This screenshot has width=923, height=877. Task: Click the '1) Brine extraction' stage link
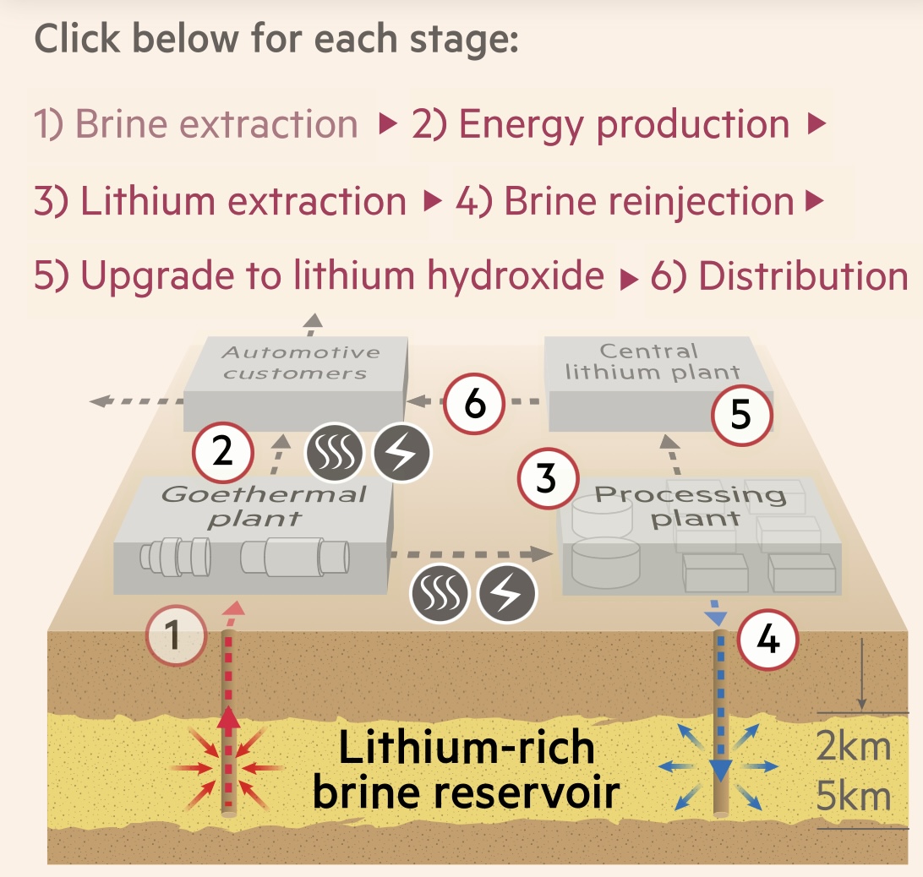(x=195, y=124)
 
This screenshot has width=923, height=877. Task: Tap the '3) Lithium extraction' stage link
(x=221, y=201)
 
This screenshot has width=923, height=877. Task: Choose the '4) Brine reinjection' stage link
(x=625, y=201)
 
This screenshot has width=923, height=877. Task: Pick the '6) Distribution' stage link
(x=778, y=277)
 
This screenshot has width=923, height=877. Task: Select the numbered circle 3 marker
(x=547, y=479)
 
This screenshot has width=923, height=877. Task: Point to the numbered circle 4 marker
(x=768, y=640)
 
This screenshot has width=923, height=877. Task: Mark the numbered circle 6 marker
(x=476, y=405)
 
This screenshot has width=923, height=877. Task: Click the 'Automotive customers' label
(x=295, y=362)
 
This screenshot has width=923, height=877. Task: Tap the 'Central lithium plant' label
(x=652, y=361)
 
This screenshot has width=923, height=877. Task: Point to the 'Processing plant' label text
(x=690, y=505)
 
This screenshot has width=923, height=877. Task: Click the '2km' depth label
(x=854, y=747)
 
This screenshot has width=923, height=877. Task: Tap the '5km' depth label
(x=854, y=797)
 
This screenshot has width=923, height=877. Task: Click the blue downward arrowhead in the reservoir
(x=720, y=769)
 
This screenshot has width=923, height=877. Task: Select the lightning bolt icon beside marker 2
(x=401, y=453)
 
